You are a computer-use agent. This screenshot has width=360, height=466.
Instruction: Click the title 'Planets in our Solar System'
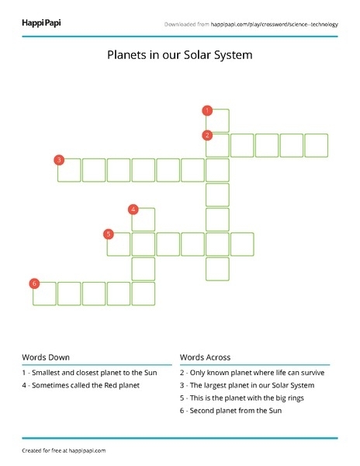pyautogui.click(x=179, y=55)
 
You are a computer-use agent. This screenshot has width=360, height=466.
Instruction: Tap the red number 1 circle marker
pyautogui.click(x=207, y=110)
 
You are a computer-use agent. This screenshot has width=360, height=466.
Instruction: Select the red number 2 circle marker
pyautogui.click(x=207, y=135)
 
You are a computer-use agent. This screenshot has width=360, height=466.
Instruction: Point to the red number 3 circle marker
pyautogui.click(x=58, y=160)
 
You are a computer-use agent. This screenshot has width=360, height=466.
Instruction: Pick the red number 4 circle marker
pyautogui.click(x=133, y=209)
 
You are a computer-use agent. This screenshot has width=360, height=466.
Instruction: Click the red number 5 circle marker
pyautogui.click(x=109, y=234)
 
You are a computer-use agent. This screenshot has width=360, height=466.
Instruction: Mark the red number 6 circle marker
pyautogui.click(x=34, y=283)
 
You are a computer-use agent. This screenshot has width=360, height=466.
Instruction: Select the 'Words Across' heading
pyautogui.click(x=205, y=357)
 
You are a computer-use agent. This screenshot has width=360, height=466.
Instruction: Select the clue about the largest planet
pyautogui.click(x=247, y=385)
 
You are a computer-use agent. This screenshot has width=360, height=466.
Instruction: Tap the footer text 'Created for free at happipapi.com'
pyautogui.click(x=64, y=450)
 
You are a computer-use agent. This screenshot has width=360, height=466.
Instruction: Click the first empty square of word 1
pyautogui.click(x=217, y=121)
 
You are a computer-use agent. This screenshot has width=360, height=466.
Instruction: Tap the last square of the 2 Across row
pyautogui.click(x=317, y=145)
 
